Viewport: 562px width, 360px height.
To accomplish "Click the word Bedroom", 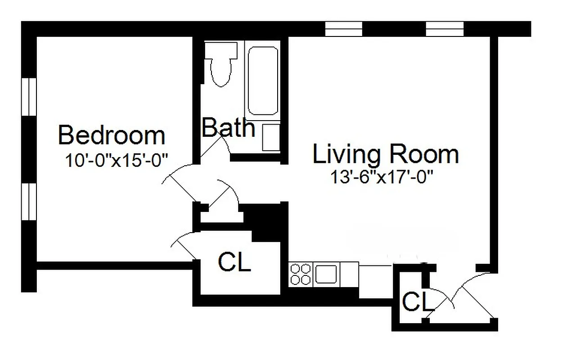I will (x=112, y=135).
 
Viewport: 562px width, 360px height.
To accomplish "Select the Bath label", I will (x=228, y=127).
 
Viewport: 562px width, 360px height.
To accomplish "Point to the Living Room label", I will (x=386, y=154).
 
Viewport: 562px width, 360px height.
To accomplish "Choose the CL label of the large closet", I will (x=234, y=262).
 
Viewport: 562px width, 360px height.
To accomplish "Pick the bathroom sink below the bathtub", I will (x=271, y=138).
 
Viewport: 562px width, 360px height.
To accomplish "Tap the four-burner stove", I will (x=301, y=274).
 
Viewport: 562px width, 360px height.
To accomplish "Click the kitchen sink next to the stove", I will (x=327, y=273).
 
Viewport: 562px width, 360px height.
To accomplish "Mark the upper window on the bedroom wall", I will (x=29, y=97).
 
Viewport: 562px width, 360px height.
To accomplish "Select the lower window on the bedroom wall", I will (x=29, y=201).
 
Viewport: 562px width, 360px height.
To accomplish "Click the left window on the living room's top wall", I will (x=343, y=29).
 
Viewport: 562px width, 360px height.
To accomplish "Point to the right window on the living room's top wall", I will (x=445, y=29).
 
